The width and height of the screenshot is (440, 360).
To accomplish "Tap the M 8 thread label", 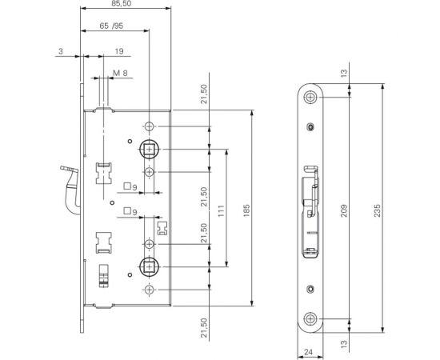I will (119, 73).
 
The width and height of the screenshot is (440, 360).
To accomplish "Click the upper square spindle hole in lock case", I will (150, 150).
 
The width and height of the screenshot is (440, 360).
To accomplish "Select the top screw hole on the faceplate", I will (309, 98).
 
